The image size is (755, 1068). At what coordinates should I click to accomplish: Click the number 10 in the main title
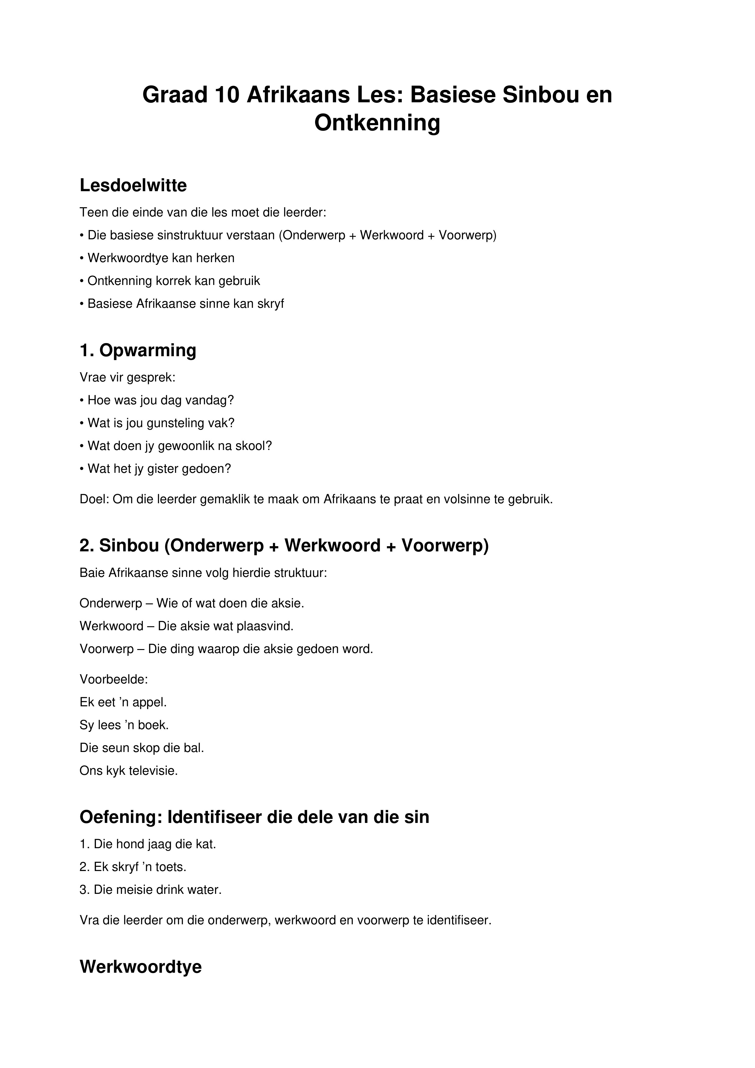point(227,95)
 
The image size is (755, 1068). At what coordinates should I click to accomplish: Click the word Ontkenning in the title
point(377,123)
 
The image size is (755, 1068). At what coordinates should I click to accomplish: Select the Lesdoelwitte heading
point(133,186)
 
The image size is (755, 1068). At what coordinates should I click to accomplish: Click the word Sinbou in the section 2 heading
point(129,546)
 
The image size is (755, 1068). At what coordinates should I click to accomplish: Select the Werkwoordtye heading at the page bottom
point(140,967)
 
